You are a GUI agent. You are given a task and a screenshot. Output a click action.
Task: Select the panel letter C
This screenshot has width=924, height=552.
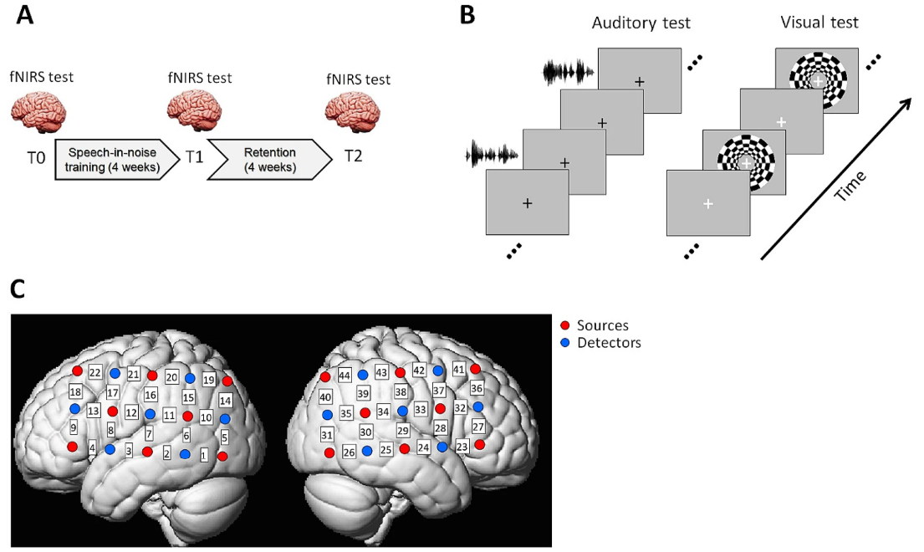[20, 289]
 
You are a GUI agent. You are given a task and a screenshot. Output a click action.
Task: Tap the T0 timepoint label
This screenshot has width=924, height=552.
[37, 156]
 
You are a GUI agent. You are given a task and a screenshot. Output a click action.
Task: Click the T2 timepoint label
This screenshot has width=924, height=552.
[353, 156]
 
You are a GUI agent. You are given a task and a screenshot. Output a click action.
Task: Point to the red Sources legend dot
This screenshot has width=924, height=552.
[567, 325]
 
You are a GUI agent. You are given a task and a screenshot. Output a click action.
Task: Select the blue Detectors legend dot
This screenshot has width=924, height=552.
[567, 343]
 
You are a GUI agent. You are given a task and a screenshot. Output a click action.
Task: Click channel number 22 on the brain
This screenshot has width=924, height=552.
[95, 372]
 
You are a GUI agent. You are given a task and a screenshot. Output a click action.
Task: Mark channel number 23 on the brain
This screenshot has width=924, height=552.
[462, 447]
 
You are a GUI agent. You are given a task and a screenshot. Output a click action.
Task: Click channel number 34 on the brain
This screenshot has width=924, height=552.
[383, 411]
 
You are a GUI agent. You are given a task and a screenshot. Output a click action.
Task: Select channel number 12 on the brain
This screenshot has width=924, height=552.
[131, 412]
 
